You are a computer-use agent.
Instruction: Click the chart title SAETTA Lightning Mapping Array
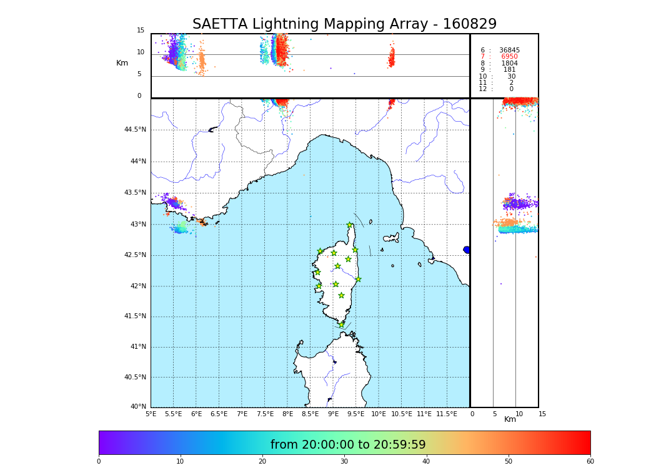pos(344,24)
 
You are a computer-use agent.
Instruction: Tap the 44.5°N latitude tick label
pos(135,130)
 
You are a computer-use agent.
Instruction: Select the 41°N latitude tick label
pos(138,347)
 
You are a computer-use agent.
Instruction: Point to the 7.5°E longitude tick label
pos(265,414)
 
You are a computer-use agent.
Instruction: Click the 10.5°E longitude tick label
pos(400,414)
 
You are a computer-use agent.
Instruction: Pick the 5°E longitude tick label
pos(151,414)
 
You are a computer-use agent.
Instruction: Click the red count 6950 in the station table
pos(509,57)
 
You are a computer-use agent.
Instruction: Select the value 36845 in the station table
pos(509,51)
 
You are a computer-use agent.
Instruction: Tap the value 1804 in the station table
pos(509,64)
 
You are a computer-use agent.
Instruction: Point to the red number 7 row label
pos(482,57)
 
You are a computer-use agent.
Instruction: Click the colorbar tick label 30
pos(344,461)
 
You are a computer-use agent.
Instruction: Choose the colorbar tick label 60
pos(590,461)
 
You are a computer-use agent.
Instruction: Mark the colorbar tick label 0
pos(99,461)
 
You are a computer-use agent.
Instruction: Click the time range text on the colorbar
pos(348,445)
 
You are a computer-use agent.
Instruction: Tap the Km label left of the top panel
pos(122,63)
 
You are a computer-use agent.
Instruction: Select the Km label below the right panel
pos(510,419)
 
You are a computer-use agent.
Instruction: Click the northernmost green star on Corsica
pos(350,225)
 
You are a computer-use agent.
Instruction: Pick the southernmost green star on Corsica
pos(341,324)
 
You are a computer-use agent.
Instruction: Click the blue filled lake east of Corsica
pos(467,250)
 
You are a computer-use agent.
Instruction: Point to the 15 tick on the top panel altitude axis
pos(141,31)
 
